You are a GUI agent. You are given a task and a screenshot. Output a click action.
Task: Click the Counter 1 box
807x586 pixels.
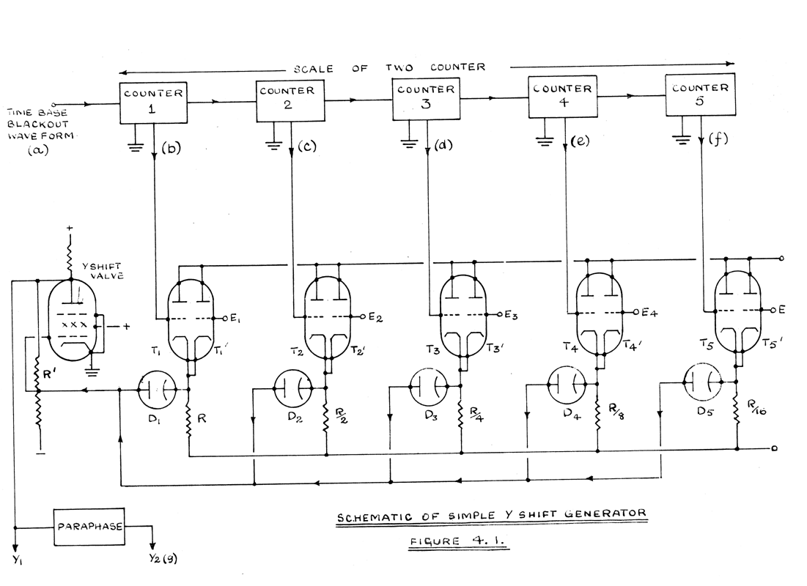point(155,102)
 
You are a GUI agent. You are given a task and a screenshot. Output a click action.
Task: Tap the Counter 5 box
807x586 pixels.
point(699,97)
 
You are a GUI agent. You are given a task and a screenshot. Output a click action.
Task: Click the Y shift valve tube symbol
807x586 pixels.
point(71,320)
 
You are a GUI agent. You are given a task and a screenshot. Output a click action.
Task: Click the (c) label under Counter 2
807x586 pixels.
point(307,146)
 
